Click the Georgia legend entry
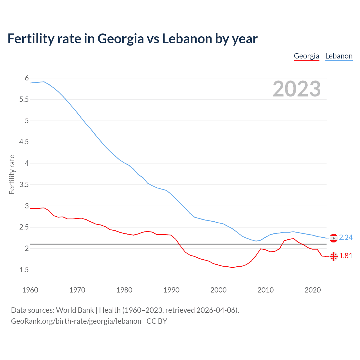pyautogui.click(x=306, y=56)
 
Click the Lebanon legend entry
pyautogui.click(x=339, y=56)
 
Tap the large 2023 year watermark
pyautogui.click(x=296, y=89)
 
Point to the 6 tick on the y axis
pyautogui.click(x=27, y=78)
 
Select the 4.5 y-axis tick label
pyautogui.click(x=24, y=142)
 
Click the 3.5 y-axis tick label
pyautogui.click(x=24, y=185)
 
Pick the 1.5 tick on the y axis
pyautogui.click(x=24, y=270)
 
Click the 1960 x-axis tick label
pyautogui.click(x=30, y=290)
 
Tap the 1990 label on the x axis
pyautogui.click(x=171, y=290)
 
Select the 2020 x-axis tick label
pyautogui.click(x=312, y=290)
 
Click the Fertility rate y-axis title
pyautogui.click(x=12, y=174)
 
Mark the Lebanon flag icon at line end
pyautogui.click(x=334, y=238)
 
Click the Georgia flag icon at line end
pyautogui.click(x=334, y=256)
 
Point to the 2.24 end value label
pyautogui.click(x=346, y=238)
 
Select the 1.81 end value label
pyautogui.click(x=346, y=256)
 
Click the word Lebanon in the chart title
pyautogui.click(x=187, y=39)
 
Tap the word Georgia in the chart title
pyautogui.click(x=121, y=39)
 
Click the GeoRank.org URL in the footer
pyautogui.click(x=76, y=321)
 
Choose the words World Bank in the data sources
pyautogui.click(x=75, y=310)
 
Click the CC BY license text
pyautogui.click(x=157, y=321)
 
